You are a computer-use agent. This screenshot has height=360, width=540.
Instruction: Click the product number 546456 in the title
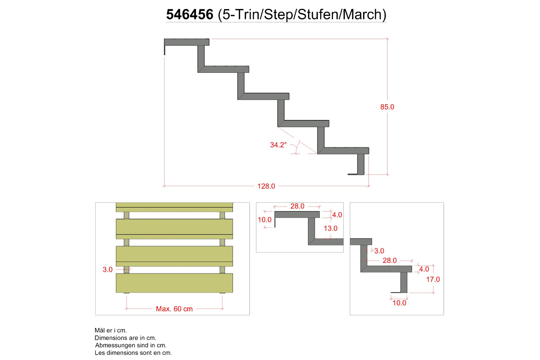coord(190,14)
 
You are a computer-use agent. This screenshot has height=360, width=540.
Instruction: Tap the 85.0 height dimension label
coord(387,107)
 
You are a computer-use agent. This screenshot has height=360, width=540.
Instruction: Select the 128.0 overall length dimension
coord(266,186)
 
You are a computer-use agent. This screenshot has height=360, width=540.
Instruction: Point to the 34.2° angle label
coord(278,145)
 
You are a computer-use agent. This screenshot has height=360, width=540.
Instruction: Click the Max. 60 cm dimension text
coord(174,309)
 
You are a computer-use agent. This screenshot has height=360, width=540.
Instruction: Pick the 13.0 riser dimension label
coord(330,228)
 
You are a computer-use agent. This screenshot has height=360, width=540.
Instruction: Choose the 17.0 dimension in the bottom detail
coord(433,279)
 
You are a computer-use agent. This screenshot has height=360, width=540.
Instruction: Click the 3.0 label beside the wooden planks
coord(108,270)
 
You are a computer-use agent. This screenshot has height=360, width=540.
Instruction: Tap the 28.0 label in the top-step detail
coord(297,206)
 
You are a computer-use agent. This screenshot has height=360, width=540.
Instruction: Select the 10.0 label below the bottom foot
coord(400,303)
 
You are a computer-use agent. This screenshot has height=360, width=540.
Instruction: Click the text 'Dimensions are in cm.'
coord(125,338)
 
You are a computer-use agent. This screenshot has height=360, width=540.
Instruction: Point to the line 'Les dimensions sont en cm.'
coord(133,353)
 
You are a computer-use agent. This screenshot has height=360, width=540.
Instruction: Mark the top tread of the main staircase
coord(186,42)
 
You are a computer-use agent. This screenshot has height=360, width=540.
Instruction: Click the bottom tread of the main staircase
coord(343,150)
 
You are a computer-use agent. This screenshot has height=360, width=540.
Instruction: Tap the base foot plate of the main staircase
coord(356,174)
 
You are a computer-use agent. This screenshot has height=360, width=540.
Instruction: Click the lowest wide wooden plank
coord(174,283)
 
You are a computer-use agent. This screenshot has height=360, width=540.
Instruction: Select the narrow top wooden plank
coord(174,207)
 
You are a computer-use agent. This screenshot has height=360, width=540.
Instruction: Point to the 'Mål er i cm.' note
coord(111,330)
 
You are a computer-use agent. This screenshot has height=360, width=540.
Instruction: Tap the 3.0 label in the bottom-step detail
coord(379,251)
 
